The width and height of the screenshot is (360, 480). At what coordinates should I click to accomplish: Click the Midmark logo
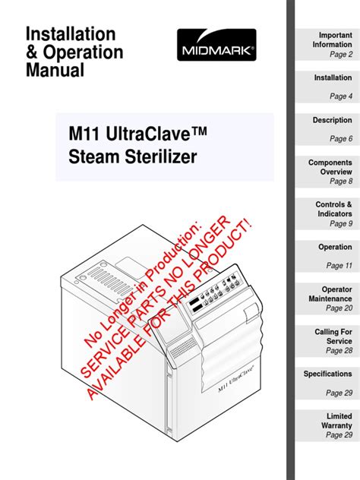pyautogui.click(x=216, y=45)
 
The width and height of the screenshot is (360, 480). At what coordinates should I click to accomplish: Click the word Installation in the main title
pyautogui.click(x=71, y=33)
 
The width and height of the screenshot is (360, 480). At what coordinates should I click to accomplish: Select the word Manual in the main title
pyautogui.click(x=55, y=70)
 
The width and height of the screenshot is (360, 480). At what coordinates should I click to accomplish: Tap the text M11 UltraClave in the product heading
pyautogui.click(x=137, y=134)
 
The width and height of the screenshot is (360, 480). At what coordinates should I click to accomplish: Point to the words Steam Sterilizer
pyautogui.click(x=133, y=156)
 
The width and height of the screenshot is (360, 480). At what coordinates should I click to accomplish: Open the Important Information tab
pyautogui.click(x=327, y=45)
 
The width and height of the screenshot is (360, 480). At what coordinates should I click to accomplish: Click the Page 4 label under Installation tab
pyautogui.click(x=341, y=96)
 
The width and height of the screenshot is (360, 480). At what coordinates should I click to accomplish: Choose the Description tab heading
pyautogui.click(x=332, y=120)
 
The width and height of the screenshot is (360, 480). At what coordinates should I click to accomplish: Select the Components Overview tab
pyautogui.click(x=327, y=172)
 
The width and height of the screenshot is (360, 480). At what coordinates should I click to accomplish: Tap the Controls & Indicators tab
pyautogui.click(x=327, y=214)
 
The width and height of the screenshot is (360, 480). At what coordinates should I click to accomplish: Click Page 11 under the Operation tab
pyautogui.click(x=339, y=265)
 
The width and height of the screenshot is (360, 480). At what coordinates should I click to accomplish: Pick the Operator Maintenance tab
pyautogui.click(x=327, y=298)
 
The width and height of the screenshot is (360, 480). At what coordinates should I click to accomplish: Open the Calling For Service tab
pyautogui.click(x=327, y=341)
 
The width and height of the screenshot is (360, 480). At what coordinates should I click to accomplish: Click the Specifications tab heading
pyautogui.click(x=327, y=374)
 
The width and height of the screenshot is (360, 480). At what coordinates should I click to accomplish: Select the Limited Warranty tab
pyautogui.click(x=327, y=425)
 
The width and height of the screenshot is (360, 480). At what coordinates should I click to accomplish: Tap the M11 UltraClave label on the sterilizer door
pyautogui.click(x=236, y=379)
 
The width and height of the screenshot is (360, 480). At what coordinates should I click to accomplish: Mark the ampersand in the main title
pyautogui.click(x=32, y=52)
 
